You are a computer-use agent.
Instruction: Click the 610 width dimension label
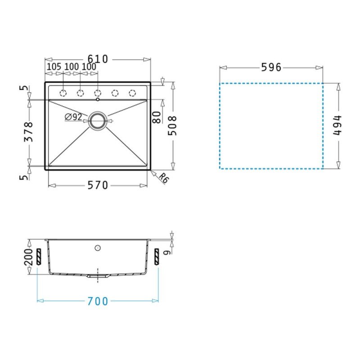click(x=98, y=59)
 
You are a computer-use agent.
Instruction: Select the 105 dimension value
click(x=54, y=67)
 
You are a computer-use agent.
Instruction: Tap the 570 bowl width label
click(x=98, y=185)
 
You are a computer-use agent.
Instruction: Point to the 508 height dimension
click(x=172, y=126)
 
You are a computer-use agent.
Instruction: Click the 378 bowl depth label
click(x=29, y=132)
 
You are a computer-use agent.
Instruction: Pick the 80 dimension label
click(x=157, y=117)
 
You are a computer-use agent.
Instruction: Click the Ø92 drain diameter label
click(x=73, y=117)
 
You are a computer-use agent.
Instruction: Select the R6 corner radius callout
click(x=163, y=178)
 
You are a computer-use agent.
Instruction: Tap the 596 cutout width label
click(x=271, y=67)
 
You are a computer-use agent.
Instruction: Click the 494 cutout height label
click(x=337, y=126)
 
